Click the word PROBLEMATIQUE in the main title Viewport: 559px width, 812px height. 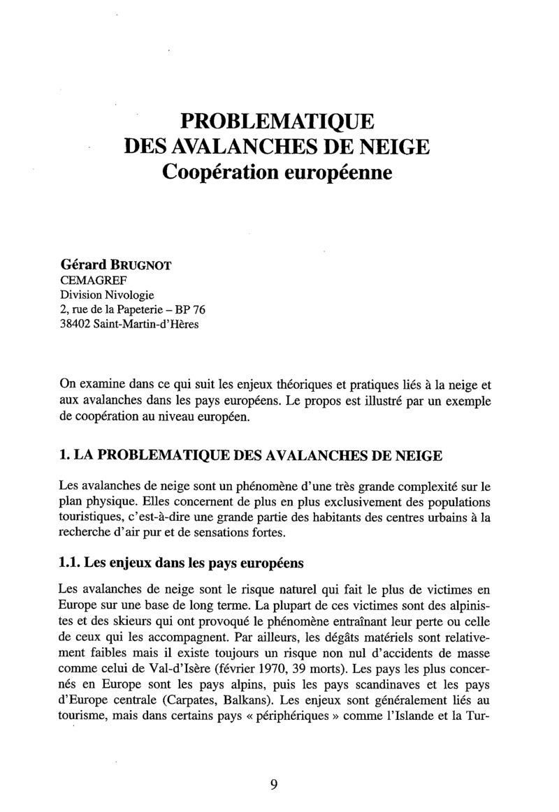pos(278,121)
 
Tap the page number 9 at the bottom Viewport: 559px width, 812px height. pos(275,783)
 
